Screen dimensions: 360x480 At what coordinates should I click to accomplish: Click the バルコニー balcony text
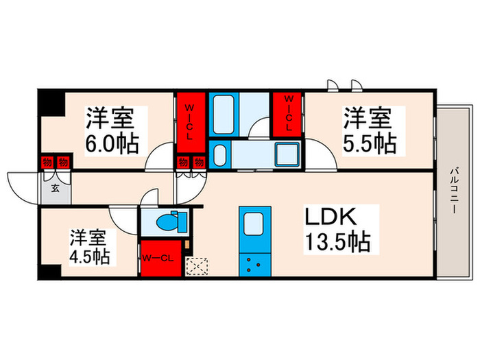[x=454, y=191]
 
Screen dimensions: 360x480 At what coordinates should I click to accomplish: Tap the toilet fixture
[x=165, y=222]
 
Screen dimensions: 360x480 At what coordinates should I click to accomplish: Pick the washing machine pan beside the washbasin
[x=286, y=155]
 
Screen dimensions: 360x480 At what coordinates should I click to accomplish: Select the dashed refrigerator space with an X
[x=197, y=265]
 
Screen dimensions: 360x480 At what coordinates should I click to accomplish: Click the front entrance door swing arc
[x=21, y=184]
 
